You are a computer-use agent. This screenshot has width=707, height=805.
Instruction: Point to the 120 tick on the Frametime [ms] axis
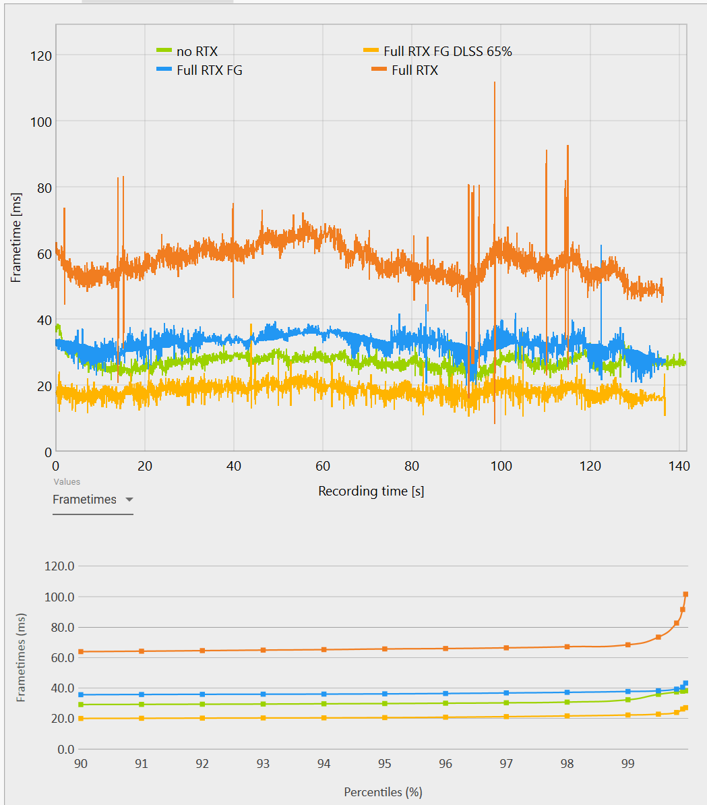click(40, 55)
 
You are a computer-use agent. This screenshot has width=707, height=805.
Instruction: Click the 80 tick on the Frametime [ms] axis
click(43, 187)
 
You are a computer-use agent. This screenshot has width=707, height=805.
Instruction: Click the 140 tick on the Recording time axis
click(679, 466)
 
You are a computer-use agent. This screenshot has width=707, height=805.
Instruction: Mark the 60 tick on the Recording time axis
click(323, 466)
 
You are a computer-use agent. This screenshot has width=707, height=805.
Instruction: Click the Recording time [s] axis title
click(371, 491)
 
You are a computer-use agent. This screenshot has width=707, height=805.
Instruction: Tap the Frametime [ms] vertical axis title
click(16, 237)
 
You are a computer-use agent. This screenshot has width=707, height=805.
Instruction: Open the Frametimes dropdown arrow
click(129, 500)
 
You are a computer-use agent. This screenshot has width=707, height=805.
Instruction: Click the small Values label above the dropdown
click(67, 482)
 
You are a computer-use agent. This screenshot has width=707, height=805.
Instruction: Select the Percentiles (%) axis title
click(383, 792)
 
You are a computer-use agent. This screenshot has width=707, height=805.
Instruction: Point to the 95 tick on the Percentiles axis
click(384, 764)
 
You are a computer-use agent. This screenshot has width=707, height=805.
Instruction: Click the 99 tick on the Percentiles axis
click(627, 764)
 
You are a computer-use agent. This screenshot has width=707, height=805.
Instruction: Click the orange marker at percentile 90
click(81, 651)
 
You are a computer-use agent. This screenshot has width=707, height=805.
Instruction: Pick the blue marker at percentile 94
click(324, 694)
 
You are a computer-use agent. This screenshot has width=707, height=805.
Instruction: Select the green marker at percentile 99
click(627, 700)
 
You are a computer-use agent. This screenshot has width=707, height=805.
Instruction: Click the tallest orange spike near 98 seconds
click(495, 83)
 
